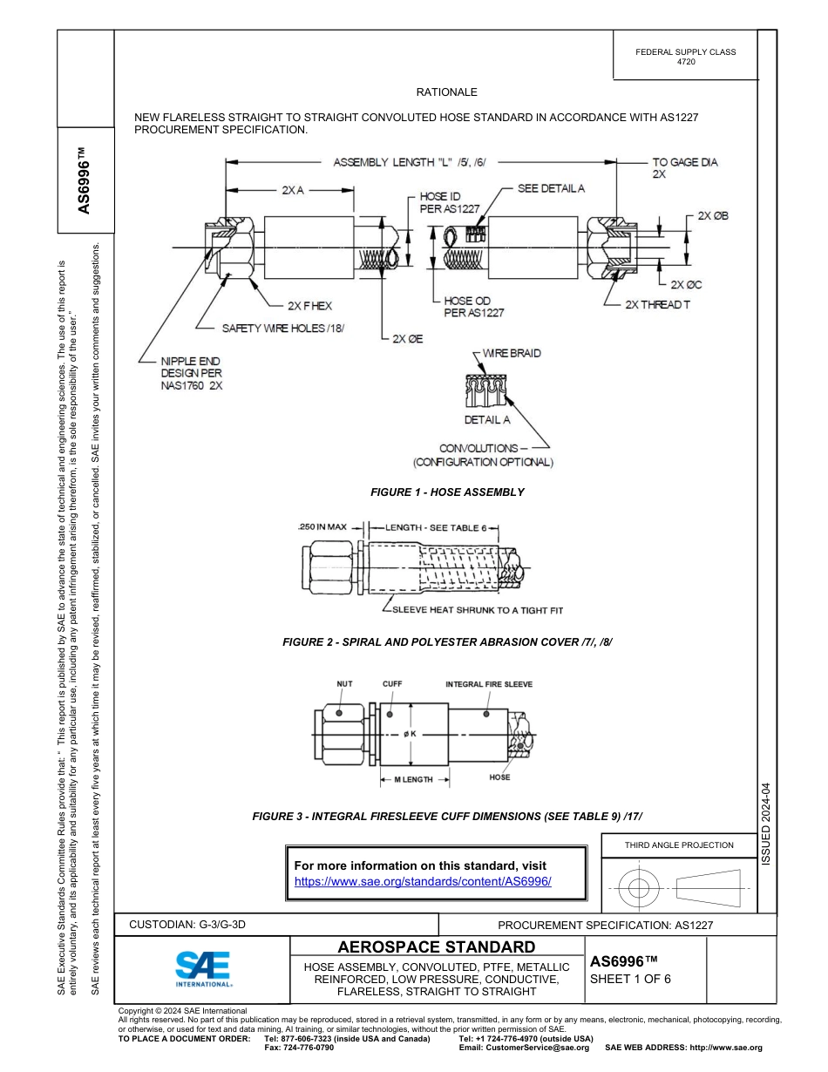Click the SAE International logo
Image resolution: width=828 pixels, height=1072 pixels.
(202, 967)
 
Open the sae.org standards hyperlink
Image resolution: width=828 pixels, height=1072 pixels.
(423, 881)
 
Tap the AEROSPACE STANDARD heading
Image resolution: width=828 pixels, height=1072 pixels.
(437, 947)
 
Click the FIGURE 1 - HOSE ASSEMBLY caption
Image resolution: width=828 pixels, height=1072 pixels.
(447, 492)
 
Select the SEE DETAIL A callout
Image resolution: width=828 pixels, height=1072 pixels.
(551, 188)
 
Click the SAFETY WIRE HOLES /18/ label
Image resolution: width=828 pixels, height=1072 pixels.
(283, 328)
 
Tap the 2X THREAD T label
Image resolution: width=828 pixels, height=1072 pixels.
(657, 305)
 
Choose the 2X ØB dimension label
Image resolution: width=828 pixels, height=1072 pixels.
(712, 215)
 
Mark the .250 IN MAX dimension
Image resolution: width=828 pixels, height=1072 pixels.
(322, 527)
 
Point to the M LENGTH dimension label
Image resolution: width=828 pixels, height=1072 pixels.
(413, 779)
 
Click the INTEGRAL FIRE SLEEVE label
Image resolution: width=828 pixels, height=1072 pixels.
(489, 684)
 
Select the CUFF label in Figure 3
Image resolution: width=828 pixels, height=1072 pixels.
(392, 684)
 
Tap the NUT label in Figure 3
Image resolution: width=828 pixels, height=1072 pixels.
(345, 684)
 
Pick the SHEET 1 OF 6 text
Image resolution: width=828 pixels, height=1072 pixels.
(630, 978)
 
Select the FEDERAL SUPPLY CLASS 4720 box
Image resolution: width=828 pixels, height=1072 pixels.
(685, 57)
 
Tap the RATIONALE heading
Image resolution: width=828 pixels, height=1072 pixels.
(446, 92)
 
